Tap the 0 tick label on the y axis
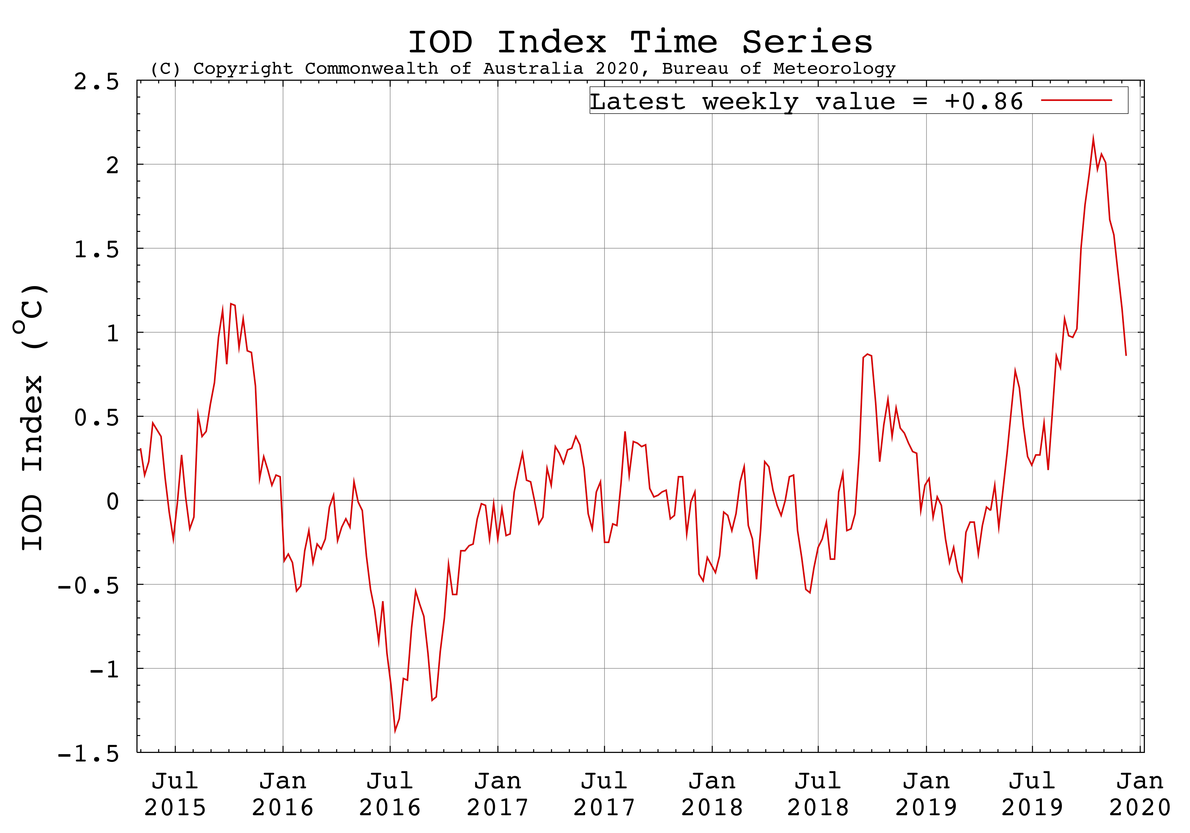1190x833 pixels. click(113, 502)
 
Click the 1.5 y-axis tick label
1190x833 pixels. click(96, 249)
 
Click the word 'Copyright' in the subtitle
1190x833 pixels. click(243, 68)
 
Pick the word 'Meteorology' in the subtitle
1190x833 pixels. click(835, 68)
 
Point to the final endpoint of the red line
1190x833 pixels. click(1126, 356)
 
